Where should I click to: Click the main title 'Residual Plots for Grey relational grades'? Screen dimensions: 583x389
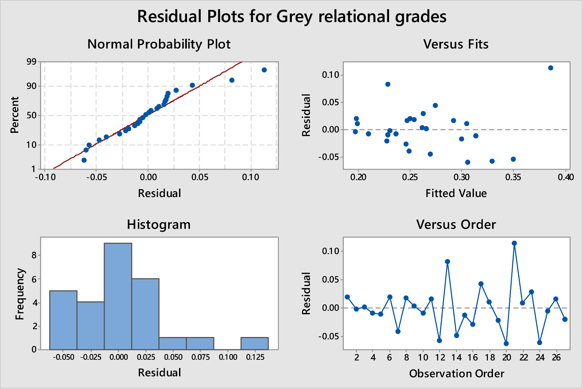tap(291, 16)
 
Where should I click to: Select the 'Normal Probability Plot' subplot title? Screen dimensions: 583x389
tap(159, 44)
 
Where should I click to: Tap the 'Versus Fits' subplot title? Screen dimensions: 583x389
tap(456, 44)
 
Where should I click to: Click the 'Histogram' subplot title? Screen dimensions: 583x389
tap(159, 225)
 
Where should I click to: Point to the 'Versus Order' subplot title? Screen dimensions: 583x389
tap(456, 225)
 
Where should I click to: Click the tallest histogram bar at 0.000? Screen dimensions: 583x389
tap(118, 296)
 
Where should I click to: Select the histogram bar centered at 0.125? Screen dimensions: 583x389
tap(254, 343)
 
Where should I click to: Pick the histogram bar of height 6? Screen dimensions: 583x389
tap(145, 314)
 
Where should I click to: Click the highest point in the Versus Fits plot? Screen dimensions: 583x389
tap(551, 68)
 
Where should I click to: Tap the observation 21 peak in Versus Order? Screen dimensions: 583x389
tap(514, 243)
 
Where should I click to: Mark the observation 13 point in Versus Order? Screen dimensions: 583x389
tap(447, 262)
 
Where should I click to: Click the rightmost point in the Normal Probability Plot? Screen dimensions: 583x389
tap(264, 70)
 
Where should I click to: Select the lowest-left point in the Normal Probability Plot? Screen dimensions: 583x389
tap(84, 160)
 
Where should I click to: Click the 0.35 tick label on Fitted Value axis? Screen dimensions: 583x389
tap(513, 177)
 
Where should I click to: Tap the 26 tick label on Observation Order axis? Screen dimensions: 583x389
tap(556, 357)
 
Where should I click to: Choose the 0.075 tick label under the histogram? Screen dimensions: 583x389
tap(200, 357)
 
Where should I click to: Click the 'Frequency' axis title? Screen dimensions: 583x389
tap(20, 294)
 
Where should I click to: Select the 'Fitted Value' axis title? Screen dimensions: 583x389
tap(456, 193)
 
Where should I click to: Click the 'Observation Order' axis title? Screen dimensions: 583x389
tap(457, 373)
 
